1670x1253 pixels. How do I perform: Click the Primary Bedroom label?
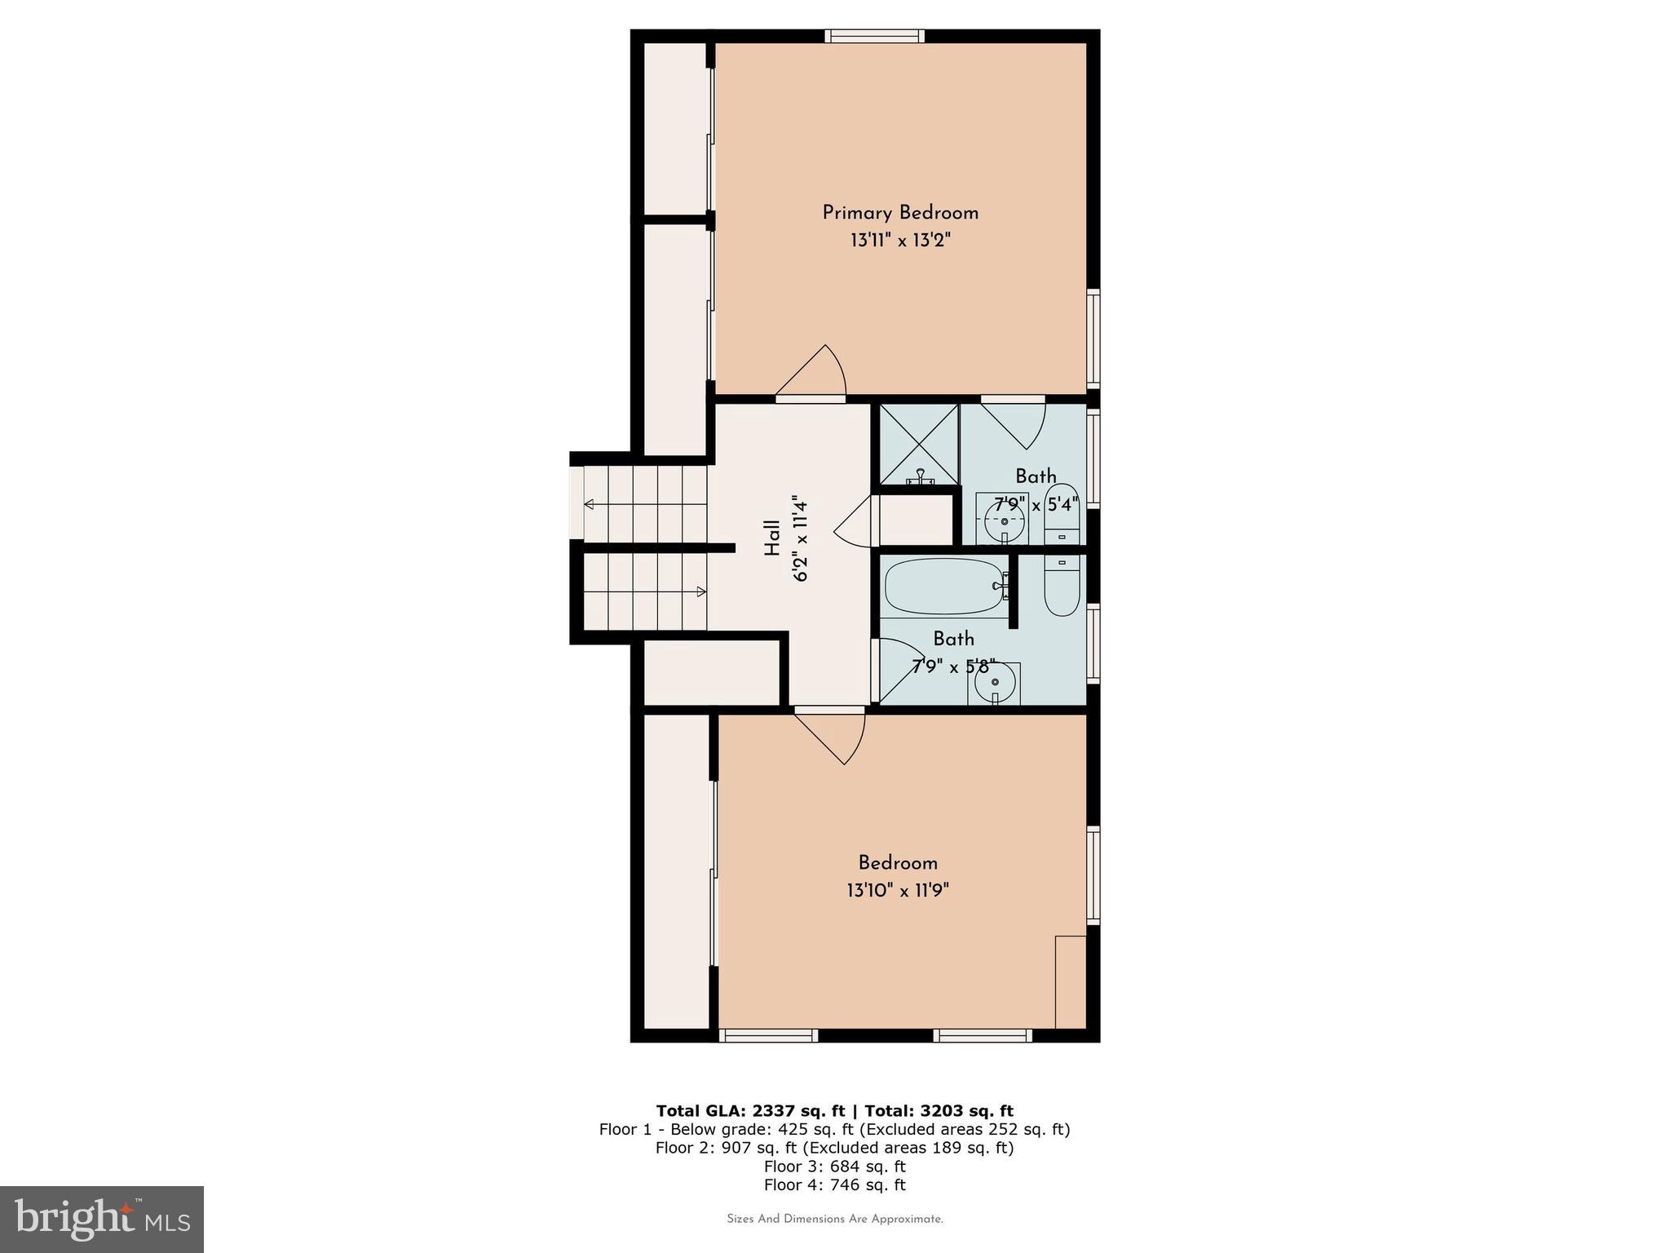(899, 213)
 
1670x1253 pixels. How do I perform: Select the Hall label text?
(771, 539)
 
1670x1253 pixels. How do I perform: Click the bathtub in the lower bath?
(944, 587)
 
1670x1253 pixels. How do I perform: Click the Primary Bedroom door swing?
(815, 375)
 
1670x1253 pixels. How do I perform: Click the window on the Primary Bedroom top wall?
(874, 36)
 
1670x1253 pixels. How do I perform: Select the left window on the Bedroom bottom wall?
(768, 1035)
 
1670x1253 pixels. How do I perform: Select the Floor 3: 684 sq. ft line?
(834, 1167)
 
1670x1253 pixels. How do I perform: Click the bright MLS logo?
(102, 1219)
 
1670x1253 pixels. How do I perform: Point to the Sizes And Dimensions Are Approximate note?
(834, 1220)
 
